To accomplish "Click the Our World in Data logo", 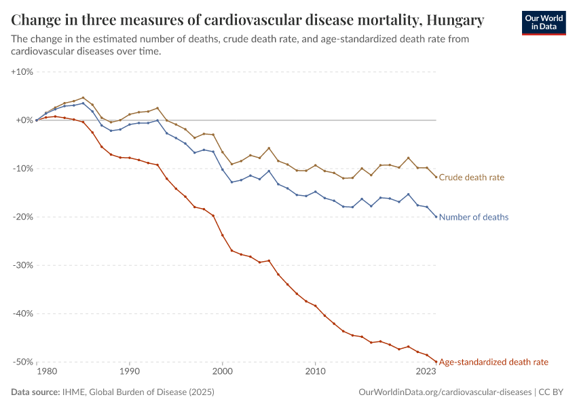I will click(x=543, y=22).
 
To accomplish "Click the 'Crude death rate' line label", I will click(x=471, y=177).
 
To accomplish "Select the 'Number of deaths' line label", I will click(x=473, y=218).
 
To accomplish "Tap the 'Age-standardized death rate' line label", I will click(x=494, y=362).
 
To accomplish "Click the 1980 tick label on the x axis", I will click(x=46, y=372).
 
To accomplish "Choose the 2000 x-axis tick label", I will click(x=222, y=372).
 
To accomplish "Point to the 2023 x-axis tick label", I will click(x=426, y=372).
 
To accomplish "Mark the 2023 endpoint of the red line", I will click(x=436, y=362).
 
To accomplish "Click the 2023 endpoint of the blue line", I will click(x=436, y=217).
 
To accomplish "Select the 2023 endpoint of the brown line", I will click(x=436, y=177).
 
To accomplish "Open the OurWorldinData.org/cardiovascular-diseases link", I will click(x=444, y=392).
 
